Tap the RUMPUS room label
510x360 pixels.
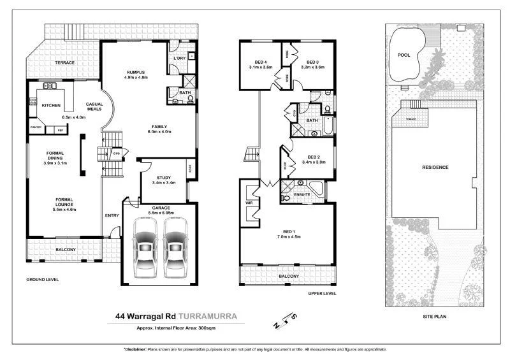136,72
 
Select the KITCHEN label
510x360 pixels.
50,104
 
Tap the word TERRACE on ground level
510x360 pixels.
64,62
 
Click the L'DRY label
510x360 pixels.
179,59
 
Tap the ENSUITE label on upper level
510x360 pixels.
302,193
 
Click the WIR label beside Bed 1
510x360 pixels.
249,204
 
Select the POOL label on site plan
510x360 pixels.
404,55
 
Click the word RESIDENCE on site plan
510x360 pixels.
435,167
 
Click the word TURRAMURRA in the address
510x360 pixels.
209,315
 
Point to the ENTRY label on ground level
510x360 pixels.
112,215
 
